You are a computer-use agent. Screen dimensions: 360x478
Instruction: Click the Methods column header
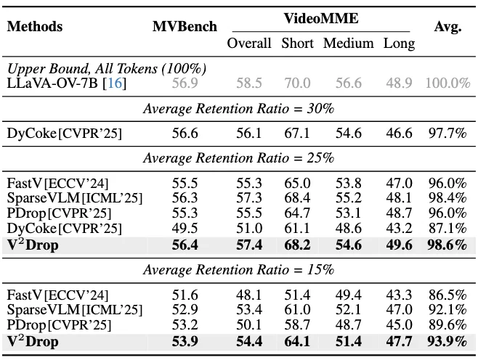pos(34,27)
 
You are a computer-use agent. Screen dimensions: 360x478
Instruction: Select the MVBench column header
pos(185,27)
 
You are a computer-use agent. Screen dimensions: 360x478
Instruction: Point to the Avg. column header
pos(447,27)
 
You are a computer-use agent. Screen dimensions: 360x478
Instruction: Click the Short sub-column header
pos(297,43)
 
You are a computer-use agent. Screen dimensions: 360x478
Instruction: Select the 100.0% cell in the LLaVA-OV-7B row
pos(447,83)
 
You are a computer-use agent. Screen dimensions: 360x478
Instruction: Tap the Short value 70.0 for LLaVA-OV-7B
pos(297,83)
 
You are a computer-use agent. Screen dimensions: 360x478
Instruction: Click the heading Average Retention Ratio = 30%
pos(238,109)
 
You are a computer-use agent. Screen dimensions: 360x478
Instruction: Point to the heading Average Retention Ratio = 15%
pos(238,269)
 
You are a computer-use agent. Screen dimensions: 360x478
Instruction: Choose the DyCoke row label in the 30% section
pos(64,134)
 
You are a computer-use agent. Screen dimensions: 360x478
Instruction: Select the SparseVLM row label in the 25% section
pos(74,198)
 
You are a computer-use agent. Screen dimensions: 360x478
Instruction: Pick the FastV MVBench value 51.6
pos(185,295)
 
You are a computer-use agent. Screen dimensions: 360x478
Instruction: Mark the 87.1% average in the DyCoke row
pos(447,229)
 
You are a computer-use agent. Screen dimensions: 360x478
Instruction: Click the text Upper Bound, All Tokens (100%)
pos(107,69)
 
